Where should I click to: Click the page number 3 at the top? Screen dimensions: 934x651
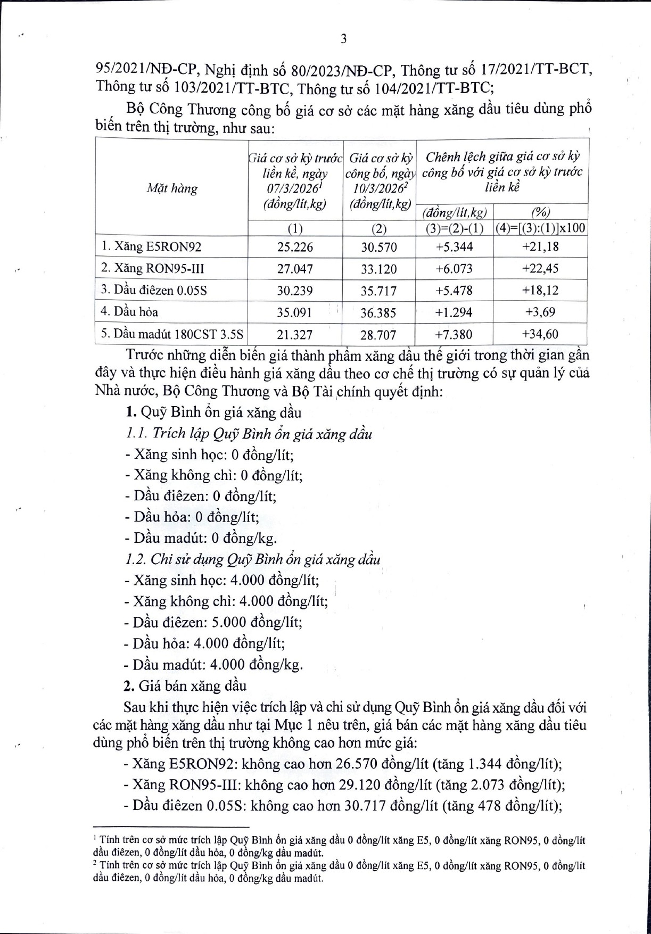tap(343, 39)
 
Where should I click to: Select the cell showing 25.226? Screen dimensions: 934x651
tap(295, 247)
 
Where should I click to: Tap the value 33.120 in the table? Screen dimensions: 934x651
tap(378, 269)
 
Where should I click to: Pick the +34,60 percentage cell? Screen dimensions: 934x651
tap(540, 334)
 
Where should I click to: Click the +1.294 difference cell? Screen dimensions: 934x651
tap(454, 312)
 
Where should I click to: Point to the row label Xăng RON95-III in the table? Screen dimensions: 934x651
tap(153, 269)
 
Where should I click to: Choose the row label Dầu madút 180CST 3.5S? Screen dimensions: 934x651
tap(172, 334)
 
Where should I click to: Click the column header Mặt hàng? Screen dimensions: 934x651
tap(172, 188)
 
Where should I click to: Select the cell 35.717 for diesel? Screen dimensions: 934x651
tap(378, 291)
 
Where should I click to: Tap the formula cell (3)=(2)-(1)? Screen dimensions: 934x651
tap(454, 229)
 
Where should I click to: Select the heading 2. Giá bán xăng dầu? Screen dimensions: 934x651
tap(186, 685)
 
